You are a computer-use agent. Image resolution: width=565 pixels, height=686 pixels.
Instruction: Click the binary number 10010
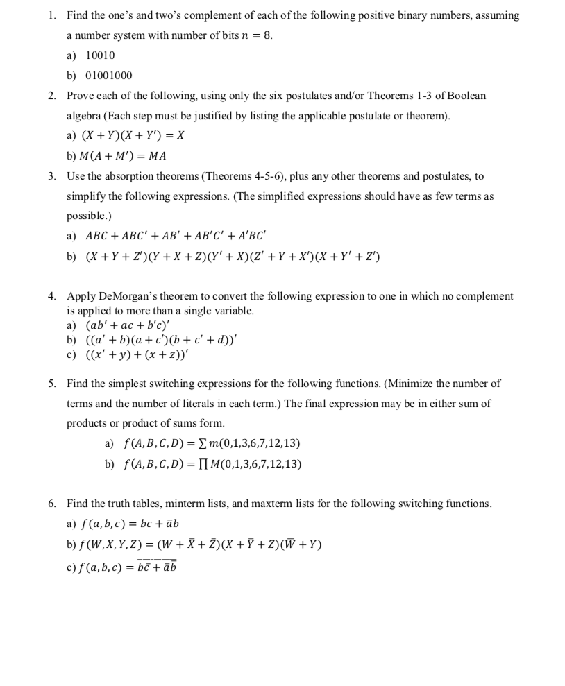(x=100, y=55)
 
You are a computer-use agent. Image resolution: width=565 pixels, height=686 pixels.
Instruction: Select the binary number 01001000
(x=108, y=75)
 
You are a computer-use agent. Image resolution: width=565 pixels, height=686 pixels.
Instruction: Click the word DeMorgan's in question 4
(x=121, y=296)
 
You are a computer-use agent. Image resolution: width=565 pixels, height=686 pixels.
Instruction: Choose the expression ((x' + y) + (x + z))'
(x=137, y=354)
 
